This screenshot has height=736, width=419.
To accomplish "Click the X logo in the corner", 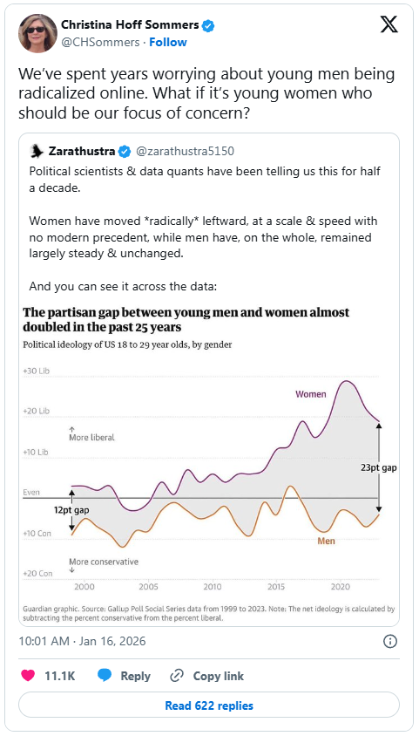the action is (x=389, y=25).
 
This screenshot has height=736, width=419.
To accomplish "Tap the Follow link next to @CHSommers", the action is (x=168, y=42).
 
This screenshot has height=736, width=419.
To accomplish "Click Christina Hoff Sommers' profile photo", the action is (x=38, y=33).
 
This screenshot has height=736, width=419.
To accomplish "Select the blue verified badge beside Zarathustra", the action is (x=125, y=151).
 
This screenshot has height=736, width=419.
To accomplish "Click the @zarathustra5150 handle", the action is (x=185, y=151).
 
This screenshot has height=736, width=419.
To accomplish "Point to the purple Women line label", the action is (x=310, y=394).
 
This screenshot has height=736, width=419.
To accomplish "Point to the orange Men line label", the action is (x=326, y=541).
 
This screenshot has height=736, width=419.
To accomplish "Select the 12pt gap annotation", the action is (x=71, y=510).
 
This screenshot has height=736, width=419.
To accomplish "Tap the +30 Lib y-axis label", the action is (x=36, y=371).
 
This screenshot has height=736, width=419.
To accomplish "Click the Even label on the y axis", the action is (x=31, y=493).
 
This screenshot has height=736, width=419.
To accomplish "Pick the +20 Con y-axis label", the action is (x=37, y=574).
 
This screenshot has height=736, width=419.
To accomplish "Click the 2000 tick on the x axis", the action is (x=84, y=587).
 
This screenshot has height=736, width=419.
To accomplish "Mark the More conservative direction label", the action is (x=104, y=562).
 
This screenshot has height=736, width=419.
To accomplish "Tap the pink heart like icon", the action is (x=29, y=676).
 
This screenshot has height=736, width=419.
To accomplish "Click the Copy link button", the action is (x=207, y=676).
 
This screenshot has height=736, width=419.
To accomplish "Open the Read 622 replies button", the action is (x=209, y=705).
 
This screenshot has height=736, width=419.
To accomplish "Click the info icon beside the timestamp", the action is (x=390, y=641).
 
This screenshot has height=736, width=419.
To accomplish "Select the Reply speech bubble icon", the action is (x=105, y=676).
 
